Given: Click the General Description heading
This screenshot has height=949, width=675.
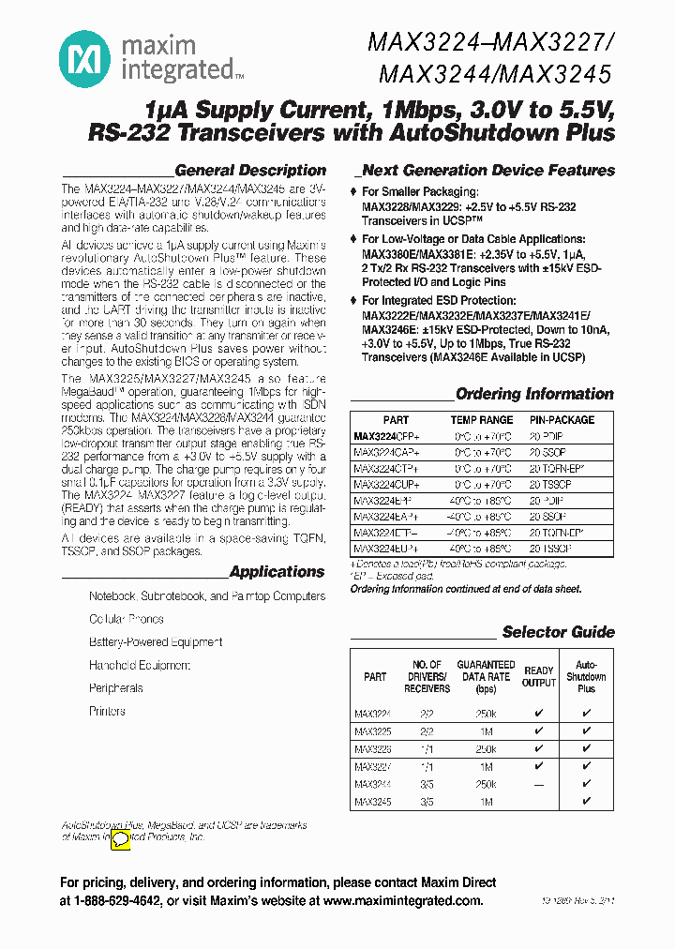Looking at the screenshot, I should (250, 171).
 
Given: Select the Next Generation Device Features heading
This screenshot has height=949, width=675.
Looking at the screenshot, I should (488, 171).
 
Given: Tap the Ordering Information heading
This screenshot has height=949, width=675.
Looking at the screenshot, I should (534, 394).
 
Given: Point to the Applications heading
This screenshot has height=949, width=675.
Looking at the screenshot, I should (277, 572).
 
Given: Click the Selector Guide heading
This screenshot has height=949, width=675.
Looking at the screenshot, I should (558, 632).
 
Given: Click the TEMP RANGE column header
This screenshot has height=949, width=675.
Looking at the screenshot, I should (482, 420).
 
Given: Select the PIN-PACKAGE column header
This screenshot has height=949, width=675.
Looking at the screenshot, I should (562, 420).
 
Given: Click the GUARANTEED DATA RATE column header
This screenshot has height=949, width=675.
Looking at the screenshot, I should (486, 676).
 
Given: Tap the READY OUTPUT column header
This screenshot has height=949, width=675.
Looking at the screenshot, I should (538, 676).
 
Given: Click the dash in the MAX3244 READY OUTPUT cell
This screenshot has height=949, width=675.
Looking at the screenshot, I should (538, 784).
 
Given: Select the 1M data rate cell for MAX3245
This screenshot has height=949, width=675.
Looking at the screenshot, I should (486, 803).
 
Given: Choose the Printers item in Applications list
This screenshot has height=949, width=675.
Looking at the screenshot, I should (107, 712).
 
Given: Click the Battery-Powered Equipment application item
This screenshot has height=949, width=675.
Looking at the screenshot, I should (156, 642).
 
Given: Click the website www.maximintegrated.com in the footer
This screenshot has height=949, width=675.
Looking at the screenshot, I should (402, 900).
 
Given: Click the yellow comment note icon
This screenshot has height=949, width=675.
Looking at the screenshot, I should (121, 841).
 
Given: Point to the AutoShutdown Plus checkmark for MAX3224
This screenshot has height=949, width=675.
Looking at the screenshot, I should (586, 713).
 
